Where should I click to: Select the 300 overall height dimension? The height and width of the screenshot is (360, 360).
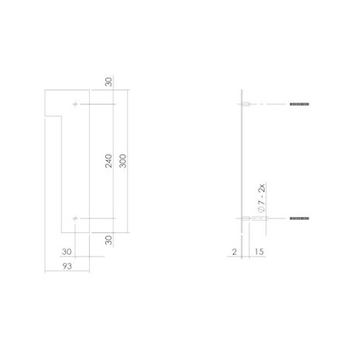(x=122, y=162)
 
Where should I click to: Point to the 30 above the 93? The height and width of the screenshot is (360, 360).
(x=67, y=252)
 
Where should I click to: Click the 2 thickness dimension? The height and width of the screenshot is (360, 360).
(x=233, y=252)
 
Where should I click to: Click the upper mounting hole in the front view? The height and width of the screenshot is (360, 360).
(x=75, y=105)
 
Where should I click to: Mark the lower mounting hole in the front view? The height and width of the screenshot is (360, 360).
(x=75, y=220)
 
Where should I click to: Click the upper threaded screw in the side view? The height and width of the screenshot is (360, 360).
(x=299, y=105)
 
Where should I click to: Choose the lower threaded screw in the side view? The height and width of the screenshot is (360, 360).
(x=299, y=220)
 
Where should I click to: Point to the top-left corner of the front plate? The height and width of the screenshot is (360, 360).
(x=44, y=92)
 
